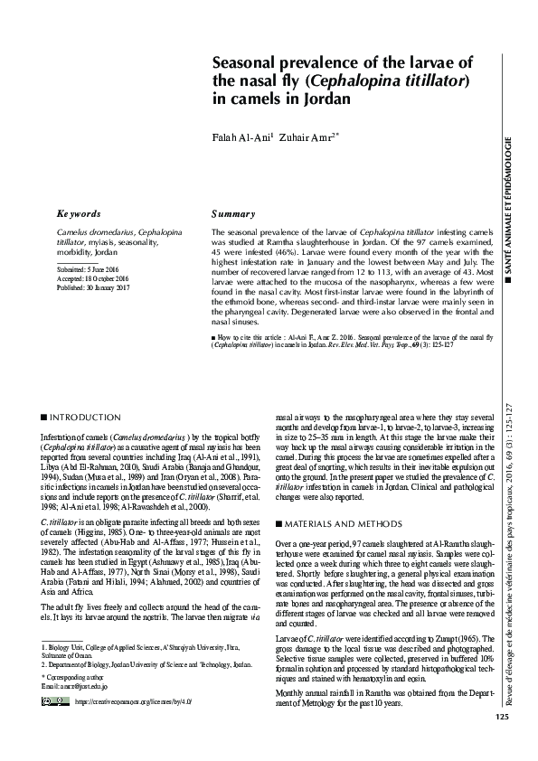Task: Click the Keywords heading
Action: (x=79, y=214)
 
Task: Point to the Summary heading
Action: (x=232, y=214)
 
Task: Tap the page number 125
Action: (x=503, y=743)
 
